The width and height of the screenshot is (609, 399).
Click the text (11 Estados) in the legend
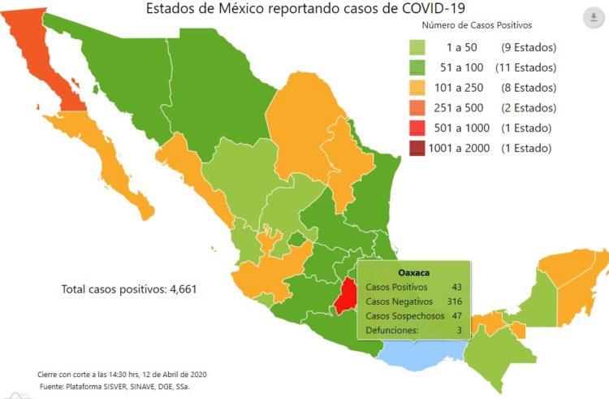point(525,68)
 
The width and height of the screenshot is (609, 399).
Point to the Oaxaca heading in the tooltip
point(413,271)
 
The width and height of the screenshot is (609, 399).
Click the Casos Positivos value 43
point(457,287)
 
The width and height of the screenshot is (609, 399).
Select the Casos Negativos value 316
point(455,301)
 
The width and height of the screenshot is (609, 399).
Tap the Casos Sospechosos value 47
point(457,315)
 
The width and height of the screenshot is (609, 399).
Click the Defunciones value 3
point(460,330)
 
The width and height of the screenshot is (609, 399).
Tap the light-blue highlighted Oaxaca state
point(422,351)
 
